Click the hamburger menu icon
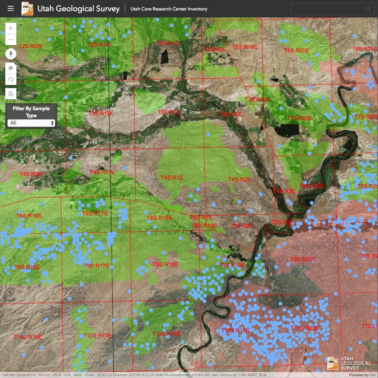click(x=10, y=8)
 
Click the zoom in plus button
click(x=11, y=28)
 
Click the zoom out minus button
click(x=11, y=40)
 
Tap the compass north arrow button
click(x=11, y=54)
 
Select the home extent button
click(x=11, y=93)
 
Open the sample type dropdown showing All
click(x=31, y=123)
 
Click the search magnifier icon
click(x=368, y=9)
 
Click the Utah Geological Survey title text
click(x=78, y=9)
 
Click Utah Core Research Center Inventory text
click(x=169, y=9)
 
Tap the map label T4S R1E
click(x=172, y=178)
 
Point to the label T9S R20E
click(x=303, y=259)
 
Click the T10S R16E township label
click(x=28, y=337)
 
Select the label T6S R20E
click(x=297, y=50)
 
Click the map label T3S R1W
click(x=100, y=113)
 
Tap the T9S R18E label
click(x=165, y=265)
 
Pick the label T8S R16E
click(x=29, y=216)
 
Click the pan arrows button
click(x=11, y=68)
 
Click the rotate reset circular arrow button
click(x=11, y=80)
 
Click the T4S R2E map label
click(x=240, y=179)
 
